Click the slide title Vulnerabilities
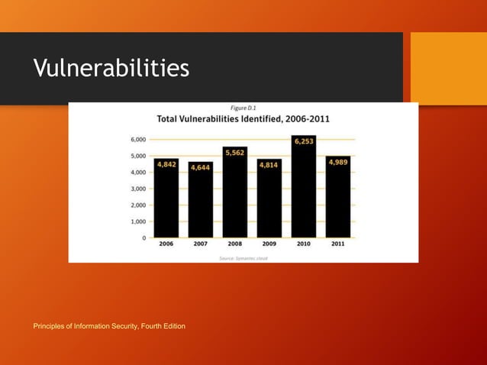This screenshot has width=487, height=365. (x=111, y=69)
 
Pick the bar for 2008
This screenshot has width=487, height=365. (x=235, y=195)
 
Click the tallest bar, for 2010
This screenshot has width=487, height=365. (x=303, y=191)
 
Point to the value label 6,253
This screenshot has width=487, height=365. (x=304, y=142)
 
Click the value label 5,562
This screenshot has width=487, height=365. (x=235, y=153)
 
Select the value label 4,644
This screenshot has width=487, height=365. (x=201, y=167)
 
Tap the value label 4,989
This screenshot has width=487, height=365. (x=337, y=162)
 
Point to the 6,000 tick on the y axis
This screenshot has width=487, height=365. (x=138, y=140)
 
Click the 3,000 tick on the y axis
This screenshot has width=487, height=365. (x=138, y=189)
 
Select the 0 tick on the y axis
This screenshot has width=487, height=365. (x=144, y=237)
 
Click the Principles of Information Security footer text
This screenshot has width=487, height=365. (x=108, y=327)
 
